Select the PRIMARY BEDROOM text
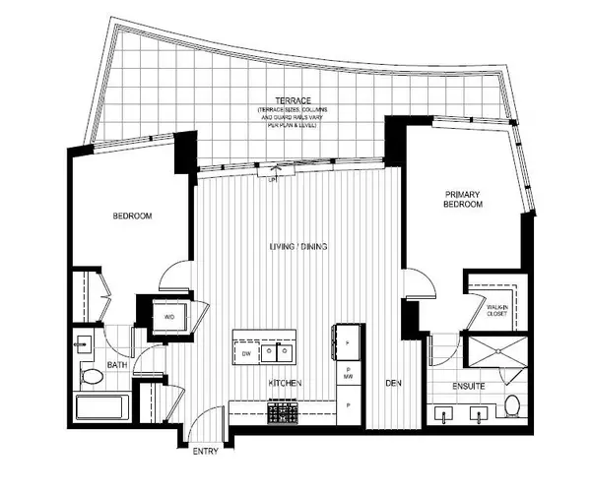tap(462, 200)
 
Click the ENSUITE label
tap(468, 386)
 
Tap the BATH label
tap(117, 366)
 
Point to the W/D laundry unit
tap(168, 317)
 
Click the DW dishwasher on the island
tap(245, 351)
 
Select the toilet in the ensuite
tap(511, 404)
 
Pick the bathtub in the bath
tap(101, 407)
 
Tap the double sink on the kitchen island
tap(285, 351)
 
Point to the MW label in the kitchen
tap(349, 374)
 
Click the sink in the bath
tap(82, 345)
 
